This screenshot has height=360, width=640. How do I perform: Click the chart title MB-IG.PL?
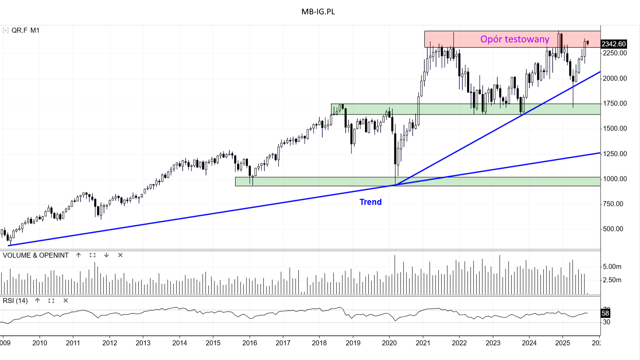click(318, 12)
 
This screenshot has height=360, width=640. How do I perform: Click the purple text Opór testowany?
click(514, 39)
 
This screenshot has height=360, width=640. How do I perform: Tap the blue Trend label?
click(370, 202)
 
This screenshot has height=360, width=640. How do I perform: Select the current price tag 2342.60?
click(614, 44)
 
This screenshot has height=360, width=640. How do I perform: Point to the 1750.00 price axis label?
click(615, 103)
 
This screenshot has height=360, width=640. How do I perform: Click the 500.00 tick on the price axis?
click(613, 229)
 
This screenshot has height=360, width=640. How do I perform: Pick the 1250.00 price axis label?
click(615, 154)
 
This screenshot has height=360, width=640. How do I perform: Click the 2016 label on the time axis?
click(250, 343)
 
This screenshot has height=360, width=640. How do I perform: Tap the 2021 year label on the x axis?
click(423, 343)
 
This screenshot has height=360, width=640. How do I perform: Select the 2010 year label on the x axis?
click(40, 343)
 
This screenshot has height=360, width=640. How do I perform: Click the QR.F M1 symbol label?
click(25, 30)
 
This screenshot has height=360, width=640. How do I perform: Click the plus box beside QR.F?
click(5, 30)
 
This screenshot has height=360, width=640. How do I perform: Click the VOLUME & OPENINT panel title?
click(36, 255)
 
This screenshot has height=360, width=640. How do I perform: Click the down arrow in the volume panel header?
click(106, 255)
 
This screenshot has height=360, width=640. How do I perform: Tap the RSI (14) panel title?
click(15, 301)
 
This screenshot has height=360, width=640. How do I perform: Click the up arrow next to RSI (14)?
click(37, 300)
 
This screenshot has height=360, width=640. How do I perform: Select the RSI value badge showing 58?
click(605, 313)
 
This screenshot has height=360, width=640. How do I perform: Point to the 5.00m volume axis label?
click(612, 267)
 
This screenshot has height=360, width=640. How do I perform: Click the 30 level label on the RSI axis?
click(607, 322)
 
